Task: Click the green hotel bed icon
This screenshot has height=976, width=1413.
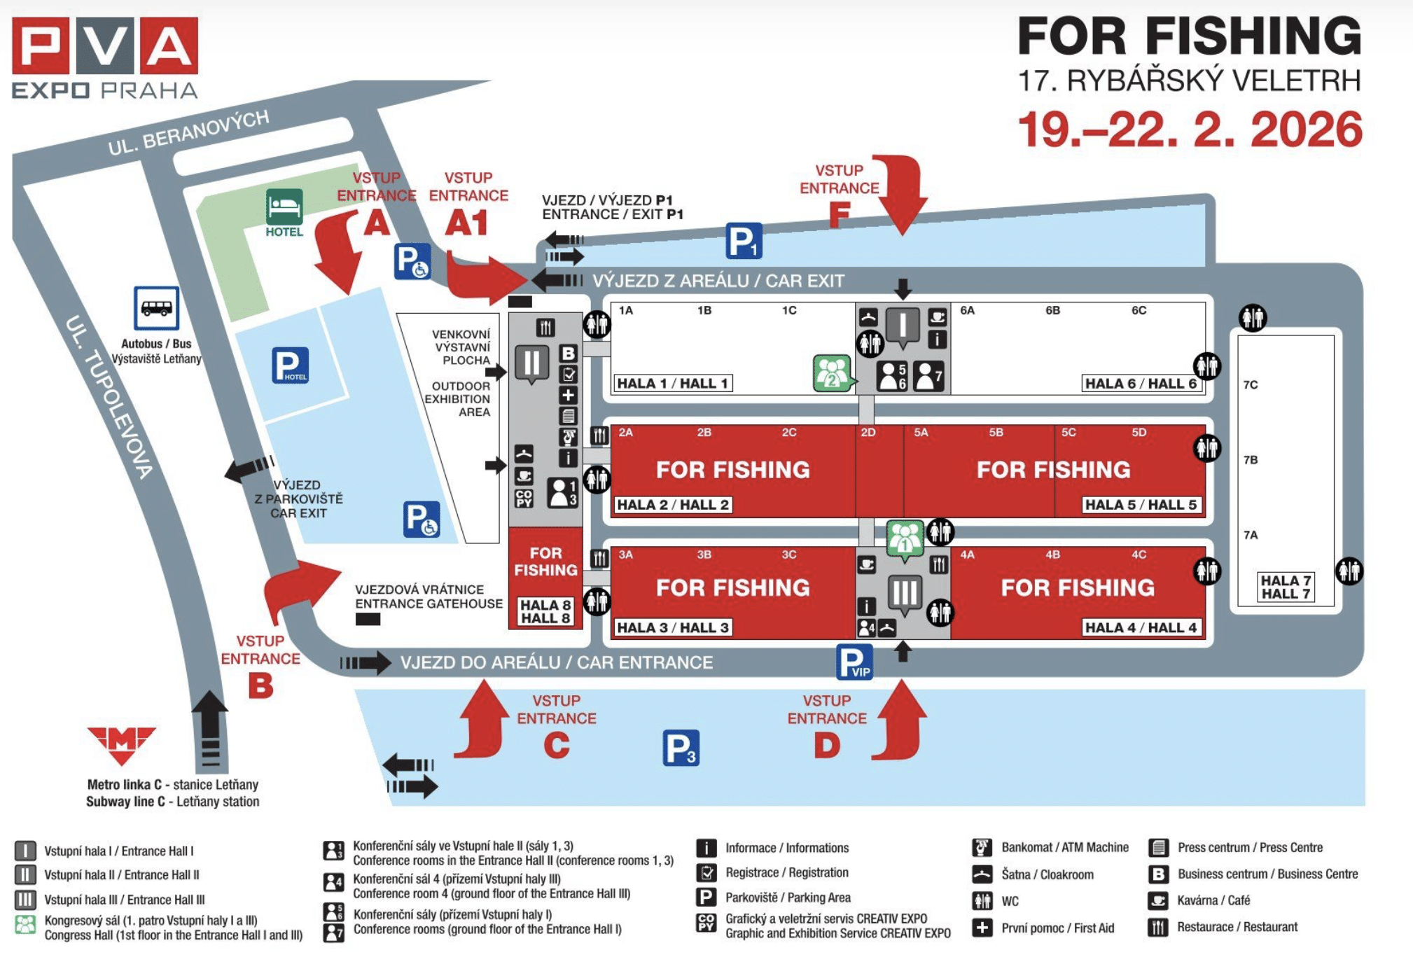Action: (x=284, y=207)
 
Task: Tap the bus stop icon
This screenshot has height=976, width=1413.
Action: (x=156, y=307)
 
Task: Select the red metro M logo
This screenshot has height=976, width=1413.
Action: (x=122, y=744)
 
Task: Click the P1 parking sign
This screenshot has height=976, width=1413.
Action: (x=743, y=241)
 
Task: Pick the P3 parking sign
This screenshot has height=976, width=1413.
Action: (x=681, y=748)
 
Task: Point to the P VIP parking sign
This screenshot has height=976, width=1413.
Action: (x=854, y=662)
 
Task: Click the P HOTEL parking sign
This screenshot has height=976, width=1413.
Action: (x=290, y=365)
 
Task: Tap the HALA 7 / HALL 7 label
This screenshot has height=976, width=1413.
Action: (x=1285, y=587)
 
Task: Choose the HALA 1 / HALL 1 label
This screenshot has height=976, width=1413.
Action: (x=673, y=383)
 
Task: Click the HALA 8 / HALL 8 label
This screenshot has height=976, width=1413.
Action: (x=545, y=611)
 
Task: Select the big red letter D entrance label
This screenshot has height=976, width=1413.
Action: (x=827, y=745)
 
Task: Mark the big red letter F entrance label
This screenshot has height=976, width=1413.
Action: (x=839, y=214)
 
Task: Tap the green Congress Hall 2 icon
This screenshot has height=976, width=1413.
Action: (x=832, y=373)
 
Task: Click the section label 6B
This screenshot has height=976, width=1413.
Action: (x=1052, y=310)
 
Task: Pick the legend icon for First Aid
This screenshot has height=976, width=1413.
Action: (x=982, y=928)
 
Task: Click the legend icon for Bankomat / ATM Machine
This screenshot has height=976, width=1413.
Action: (x=982, y=848)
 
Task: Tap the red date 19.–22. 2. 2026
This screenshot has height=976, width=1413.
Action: (x=1190, y=130)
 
